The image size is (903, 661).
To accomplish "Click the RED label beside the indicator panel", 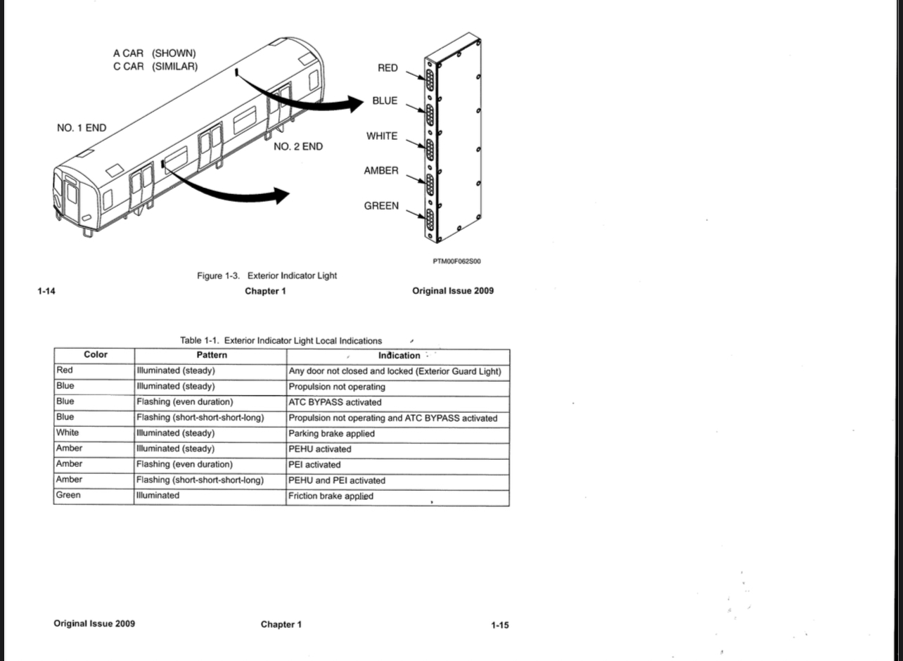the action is pos(388,68).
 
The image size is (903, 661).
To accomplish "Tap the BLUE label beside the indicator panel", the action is pos(385,101).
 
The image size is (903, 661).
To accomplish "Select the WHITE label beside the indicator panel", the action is pos(382,136).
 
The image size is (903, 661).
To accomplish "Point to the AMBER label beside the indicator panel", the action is pos(381,171).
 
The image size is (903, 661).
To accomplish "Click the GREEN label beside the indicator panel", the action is pos(381,206).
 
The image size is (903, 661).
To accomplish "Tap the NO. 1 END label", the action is pos(82,128).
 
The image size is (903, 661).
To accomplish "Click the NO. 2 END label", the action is pos(298,147).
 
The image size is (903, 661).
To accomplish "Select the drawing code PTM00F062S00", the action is pos(456,261).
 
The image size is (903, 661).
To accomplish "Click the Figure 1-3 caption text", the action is pos(267,276).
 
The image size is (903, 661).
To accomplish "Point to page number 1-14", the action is pos(46,291).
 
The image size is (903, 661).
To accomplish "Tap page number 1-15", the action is pos(500,625).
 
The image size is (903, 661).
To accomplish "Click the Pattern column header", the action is pos(212,355).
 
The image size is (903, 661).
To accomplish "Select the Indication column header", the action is pos(399,356).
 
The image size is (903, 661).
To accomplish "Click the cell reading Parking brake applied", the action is pos(331,434).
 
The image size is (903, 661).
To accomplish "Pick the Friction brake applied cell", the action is pos(331,496).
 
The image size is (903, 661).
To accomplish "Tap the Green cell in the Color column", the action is pos(68,495).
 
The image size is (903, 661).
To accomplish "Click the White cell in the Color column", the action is pos(68,432).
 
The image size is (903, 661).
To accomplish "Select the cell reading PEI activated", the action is pos(314,465).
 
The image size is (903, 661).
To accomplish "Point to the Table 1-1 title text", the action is pos(281,340).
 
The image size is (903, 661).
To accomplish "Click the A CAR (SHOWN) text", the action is pos(155,53).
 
